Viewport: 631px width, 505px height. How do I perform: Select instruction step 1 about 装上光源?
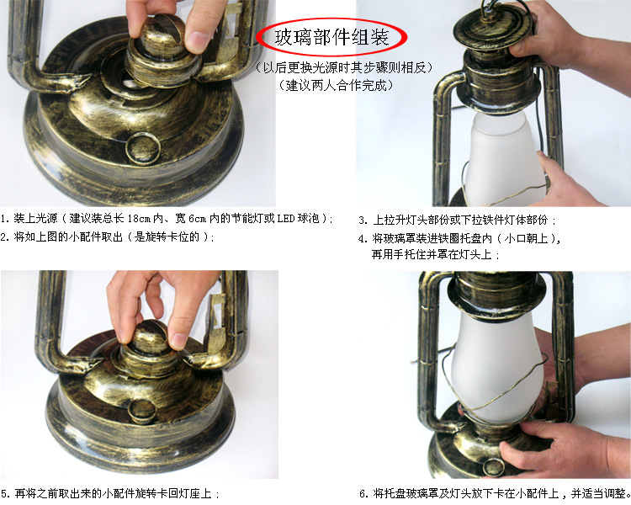[x=168, y=219]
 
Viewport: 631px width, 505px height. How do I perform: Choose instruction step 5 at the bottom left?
[x=110, y=494]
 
